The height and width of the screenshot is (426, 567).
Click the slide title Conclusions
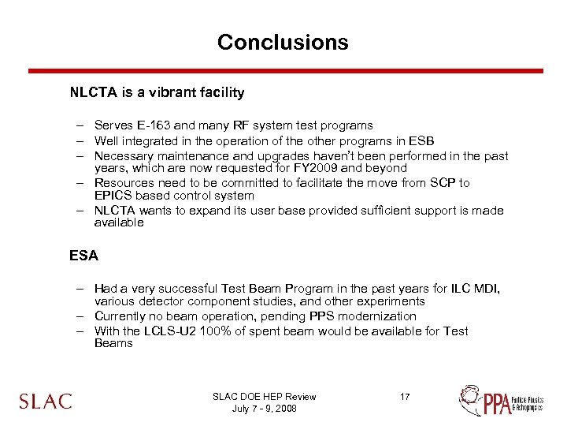pyautogui.click(x=283, y=42)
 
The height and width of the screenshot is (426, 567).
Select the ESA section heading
pyautogui.click(x=83, y=256)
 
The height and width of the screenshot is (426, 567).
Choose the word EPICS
pyautogui.click(x=113, y=196)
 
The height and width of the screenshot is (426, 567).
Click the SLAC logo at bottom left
pyautogui.click(x=46, y=401)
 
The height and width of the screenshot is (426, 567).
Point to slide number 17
pyautogui.click(x=404, y=397)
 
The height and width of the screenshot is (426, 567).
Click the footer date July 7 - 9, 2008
pyautogui.click(x=265, y=409)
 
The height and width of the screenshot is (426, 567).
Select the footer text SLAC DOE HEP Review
pyautogui.click(x=265, y=397)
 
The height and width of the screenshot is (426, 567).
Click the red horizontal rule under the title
pyautogui.click(x=285, y=71)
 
